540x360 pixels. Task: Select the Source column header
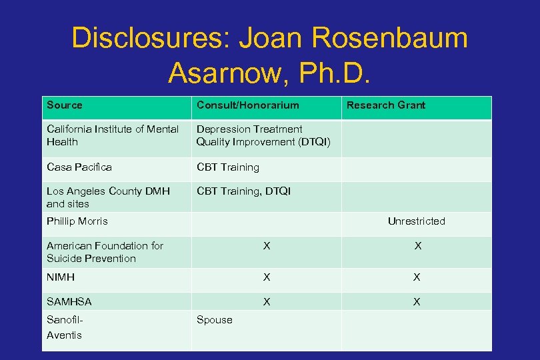click(x=65, y=105)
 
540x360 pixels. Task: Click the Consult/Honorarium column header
click(x=247, y=105)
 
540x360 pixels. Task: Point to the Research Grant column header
click(x=385, y=105)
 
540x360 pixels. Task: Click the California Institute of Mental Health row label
click(x=112, y=135)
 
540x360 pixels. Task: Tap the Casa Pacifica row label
click(x=79, y=167)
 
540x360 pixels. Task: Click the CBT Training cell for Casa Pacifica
click(x=227, y=167)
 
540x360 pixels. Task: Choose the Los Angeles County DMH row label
click(x=108, y=197)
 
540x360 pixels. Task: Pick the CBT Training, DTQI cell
click(x=243, y=191)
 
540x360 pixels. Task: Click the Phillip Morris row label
click(x=77, y=221)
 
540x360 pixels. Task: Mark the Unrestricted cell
click(x=416, y=221)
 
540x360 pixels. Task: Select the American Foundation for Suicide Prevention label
click(x=105, y=252)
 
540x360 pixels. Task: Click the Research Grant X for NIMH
click(x=417, y=277)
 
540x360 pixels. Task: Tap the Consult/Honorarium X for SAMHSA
click(x=267, y=302)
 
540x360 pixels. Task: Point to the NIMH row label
click(x=61, y=277)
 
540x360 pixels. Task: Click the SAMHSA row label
click(x=69, y=302)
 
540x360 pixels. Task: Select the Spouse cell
click(x=214, y=320)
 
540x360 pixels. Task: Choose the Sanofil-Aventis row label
click(x=65, y=327)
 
